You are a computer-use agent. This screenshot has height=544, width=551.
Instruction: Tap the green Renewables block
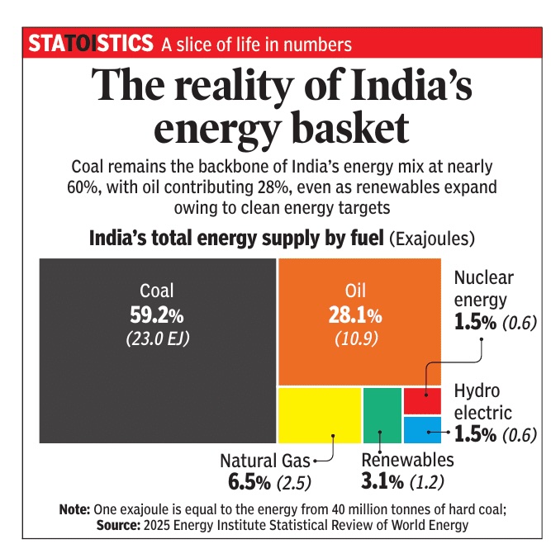[x=382, y=415]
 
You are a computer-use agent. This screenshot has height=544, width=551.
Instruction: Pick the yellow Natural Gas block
[x=319, y=415]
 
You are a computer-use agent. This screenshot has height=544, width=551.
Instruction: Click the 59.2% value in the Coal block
[x=157, y=315]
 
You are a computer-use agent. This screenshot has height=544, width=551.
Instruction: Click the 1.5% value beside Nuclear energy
[x=475, y=322]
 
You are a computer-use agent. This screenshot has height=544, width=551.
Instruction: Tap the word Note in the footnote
[x=74, y=509]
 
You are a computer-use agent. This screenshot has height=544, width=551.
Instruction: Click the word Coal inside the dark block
[x=157, y=291]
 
